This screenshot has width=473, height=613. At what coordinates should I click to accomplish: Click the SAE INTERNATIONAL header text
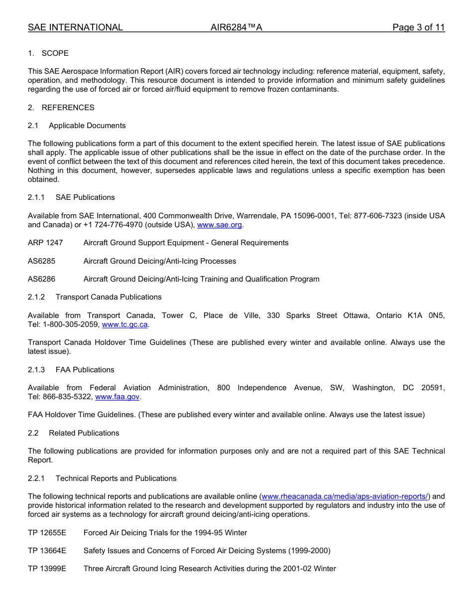pyautogui.click(x=75, y=27)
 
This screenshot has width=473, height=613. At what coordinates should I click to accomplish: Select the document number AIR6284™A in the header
pyautogui.click(x=236, y=27)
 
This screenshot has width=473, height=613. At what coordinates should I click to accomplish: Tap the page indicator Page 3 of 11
pyautogui.click(x=418, y=27)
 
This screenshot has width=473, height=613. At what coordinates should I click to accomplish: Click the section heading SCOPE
pyautogui.click(x=55, y=53)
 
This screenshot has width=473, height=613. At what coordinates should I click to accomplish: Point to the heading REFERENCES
pyautogui.click(x=68, y=108)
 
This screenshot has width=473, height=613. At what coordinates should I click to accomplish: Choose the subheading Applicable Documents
pyautogui.click(x=87, y=126)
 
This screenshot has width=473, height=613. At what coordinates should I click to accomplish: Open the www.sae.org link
pyautogui.click(x=220, y=225)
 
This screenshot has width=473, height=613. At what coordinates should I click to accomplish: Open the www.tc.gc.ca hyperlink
pyautogui.click(x=125, y=324)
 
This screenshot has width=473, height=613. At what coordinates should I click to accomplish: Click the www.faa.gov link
pyautogui.click(x=117, y=397)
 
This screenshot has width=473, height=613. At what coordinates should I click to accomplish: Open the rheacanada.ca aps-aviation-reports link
pyautogui.click(x=345, y=496)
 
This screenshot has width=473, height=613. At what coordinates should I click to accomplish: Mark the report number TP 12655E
pyautogui.click(x=47, y=533)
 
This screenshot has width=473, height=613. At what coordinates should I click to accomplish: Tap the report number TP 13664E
pyautogui.click(x=47, y=551)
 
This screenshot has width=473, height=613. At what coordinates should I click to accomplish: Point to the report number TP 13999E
pyautogui.click(x=47, y=569)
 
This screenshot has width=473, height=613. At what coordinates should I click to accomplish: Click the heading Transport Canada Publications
pyautogui.click(x=109, y=297)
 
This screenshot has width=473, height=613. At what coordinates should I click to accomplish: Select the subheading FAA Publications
pyautogui.click(x=85, y=370)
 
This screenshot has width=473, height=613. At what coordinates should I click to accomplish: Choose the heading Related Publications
pyautogui.click(x=84, y=433)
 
